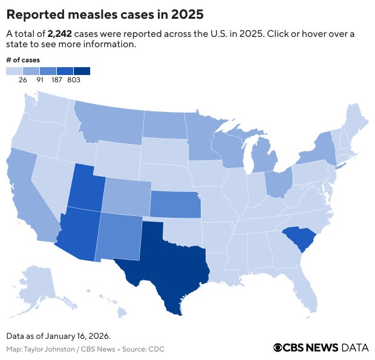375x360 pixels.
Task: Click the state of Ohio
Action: click(278, 182)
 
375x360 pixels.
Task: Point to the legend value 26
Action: click(22, 79)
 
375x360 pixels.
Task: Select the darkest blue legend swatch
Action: click(82, 70)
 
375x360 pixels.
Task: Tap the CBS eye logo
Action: click(278, 347)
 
